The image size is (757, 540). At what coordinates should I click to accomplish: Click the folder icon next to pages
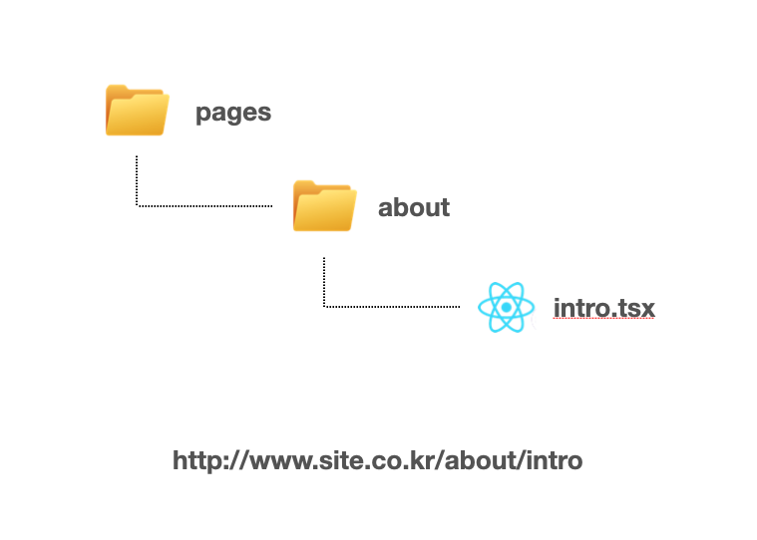137,111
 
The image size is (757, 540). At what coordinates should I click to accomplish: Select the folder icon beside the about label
324,206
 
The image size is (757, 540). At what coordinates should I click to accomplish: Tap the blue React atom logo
507,307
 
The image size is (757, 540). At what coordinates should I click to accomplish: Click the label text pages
233,112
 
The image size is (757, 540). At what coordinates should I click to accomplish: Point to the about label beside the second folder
414,207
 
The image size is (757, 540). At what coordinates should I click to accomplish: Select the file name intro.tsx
604,308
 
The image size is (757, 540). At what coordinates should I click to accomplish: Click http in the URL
195,460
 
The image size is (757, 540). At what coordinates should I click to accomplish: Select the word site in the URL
328,460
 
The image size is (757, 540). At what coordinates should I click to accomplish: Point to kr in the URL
418,460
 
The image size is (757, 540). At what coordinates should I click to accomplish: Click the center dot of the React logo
507,308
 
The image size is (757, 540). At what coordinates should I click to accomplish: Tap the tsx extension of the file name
633,308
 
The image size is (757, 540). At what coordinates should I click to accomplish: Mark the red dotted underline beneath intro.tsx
604,321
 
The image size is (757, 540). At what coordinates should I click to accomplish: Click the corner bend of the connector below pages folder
137,206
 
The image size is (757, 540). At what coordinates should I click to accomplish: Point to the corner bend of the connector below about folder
324,307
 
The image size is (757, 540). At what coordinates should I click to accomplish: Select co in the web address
379,460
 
